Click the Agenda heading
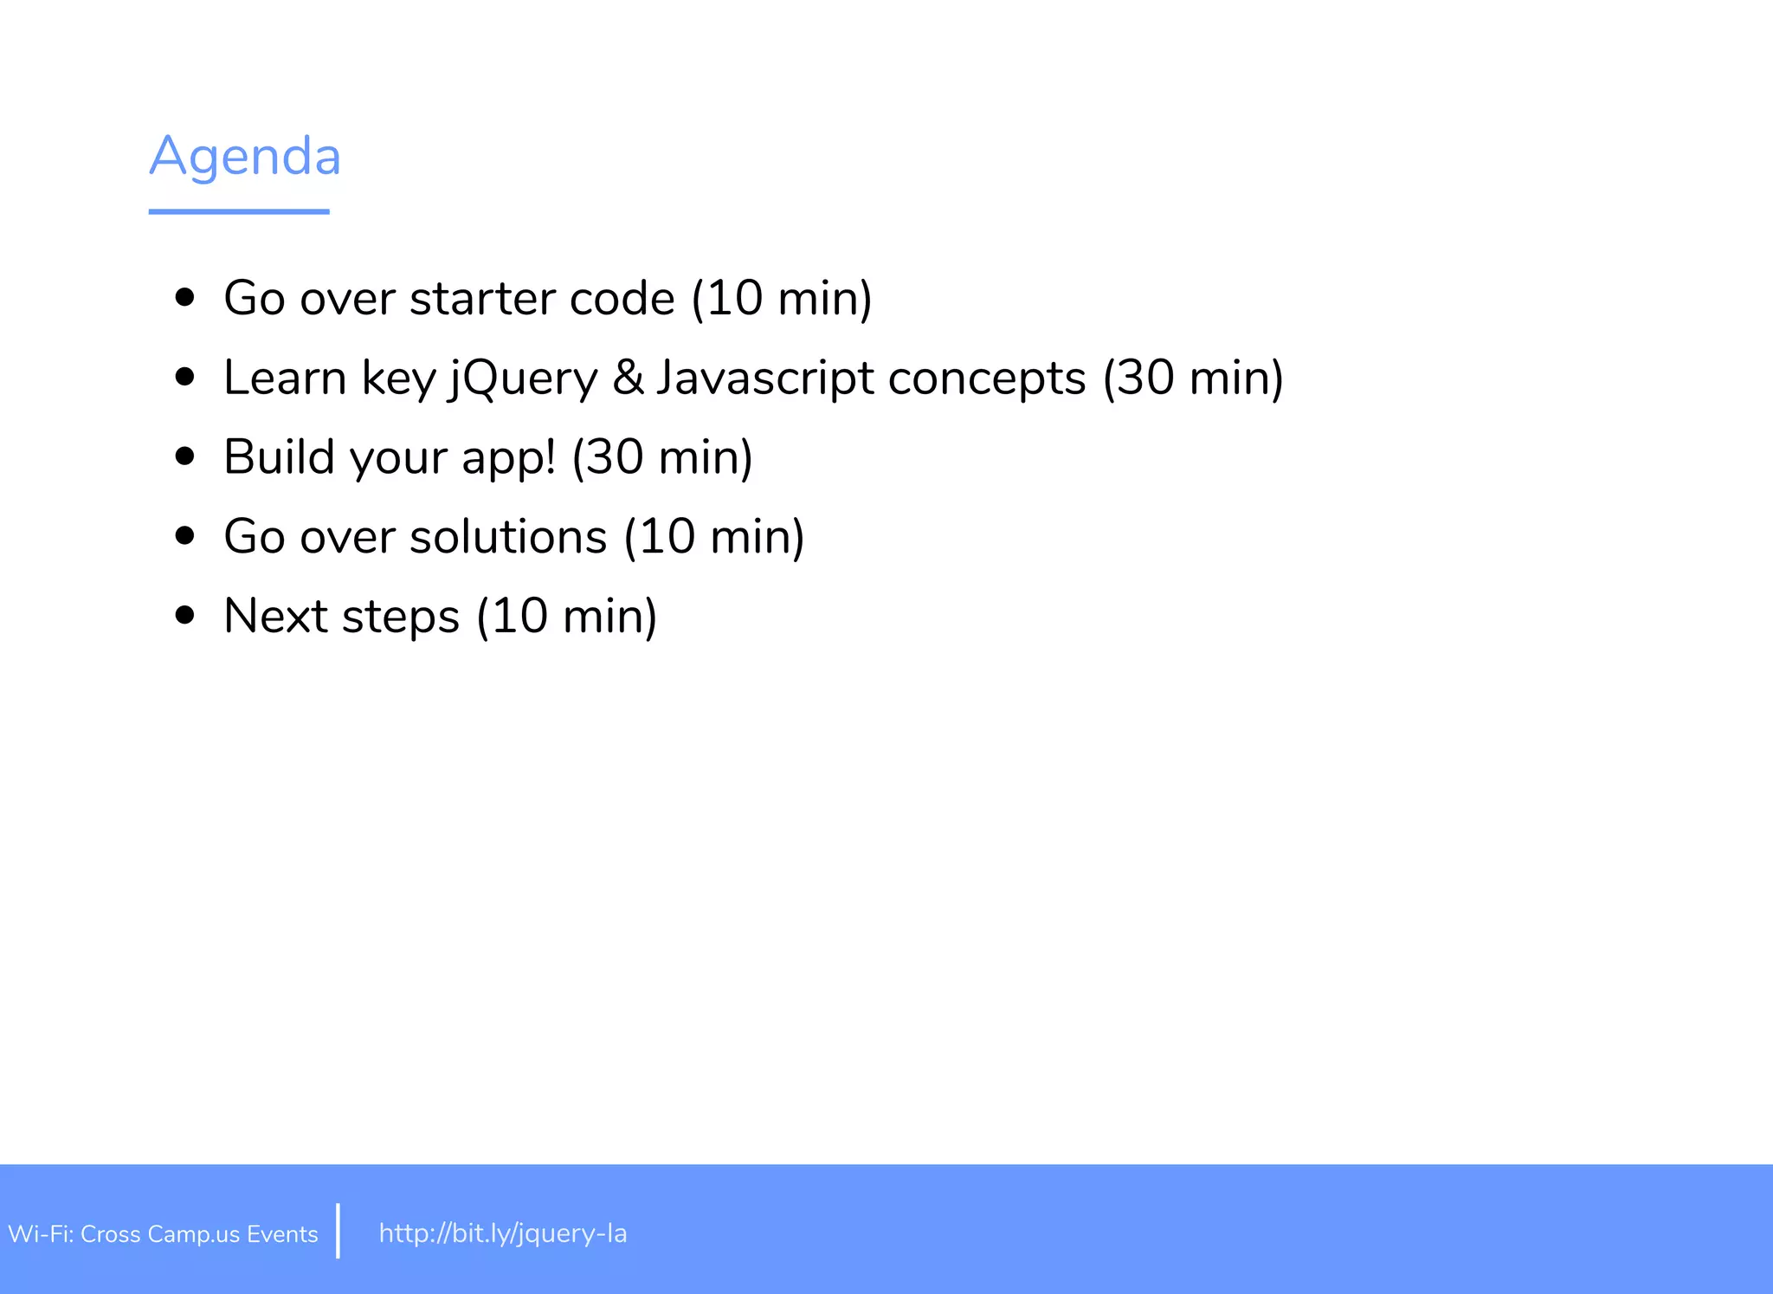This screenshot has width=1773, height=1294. pyautogui.click(x=245, y=157)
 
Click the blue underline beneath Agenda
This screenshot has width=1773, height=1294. pyautogui.click(x=239, y=211)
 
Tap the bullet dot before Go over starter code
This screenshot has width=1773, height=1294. pyautogui.click(x=184, y=298)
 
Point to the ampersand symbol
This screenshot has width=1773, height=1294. pyautogui.click(x=628, y=378)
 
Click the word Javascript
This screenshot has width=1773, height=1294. pyautogui.click(x=765, y=378)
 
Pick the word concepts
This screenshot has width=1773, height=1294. pyautogui.click(x=987, y=378)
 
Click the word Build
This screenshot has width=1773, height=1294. pyautogui.click(x=279, y=456)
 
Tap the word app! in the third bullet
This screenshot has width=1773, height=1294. pyautogui.click(x=508, y=458)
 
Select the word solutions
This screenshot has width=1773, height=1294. pyautogui.click(x=508, y=536)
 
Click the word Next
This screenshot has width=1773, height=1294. pyautogui.click(x=275, y=616)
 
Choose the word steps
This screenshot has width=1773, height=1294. pyautogui.click(x=401, y=618)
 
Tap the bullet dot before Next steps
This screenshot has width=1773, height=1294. pyautogui.click(x=184, y=615)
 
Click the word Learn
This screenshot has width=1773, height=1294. pyautogui.click(x=285, y=378)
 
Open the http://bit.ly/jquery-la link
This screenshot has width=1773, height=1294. pyautogui.click(x=503, y=1233)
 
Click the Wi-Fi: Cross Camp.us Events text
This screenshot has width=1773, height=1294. pyautogui.click(x=163, y=1234)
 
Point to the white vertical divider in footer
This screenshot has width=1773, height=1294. pyautogui.click(x=338, y=1230)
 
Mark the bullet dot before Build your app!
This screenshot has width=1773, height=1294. pyautogui.click(x=184, y=456)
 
